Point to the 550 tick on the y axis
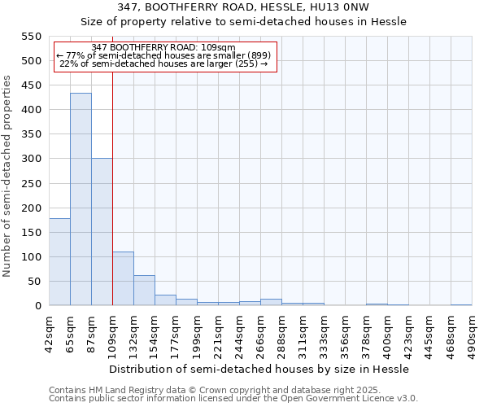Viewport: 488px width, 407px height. (31, 37)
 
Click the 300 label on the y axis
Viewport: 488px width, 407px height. (31, 159)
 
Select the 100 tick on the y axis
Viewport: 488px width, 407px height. (31, 257)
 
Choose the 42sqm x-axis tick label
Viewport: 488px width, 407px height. (49, 330)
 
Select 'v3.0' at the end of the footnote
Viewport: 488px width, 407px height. (407, 399)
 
